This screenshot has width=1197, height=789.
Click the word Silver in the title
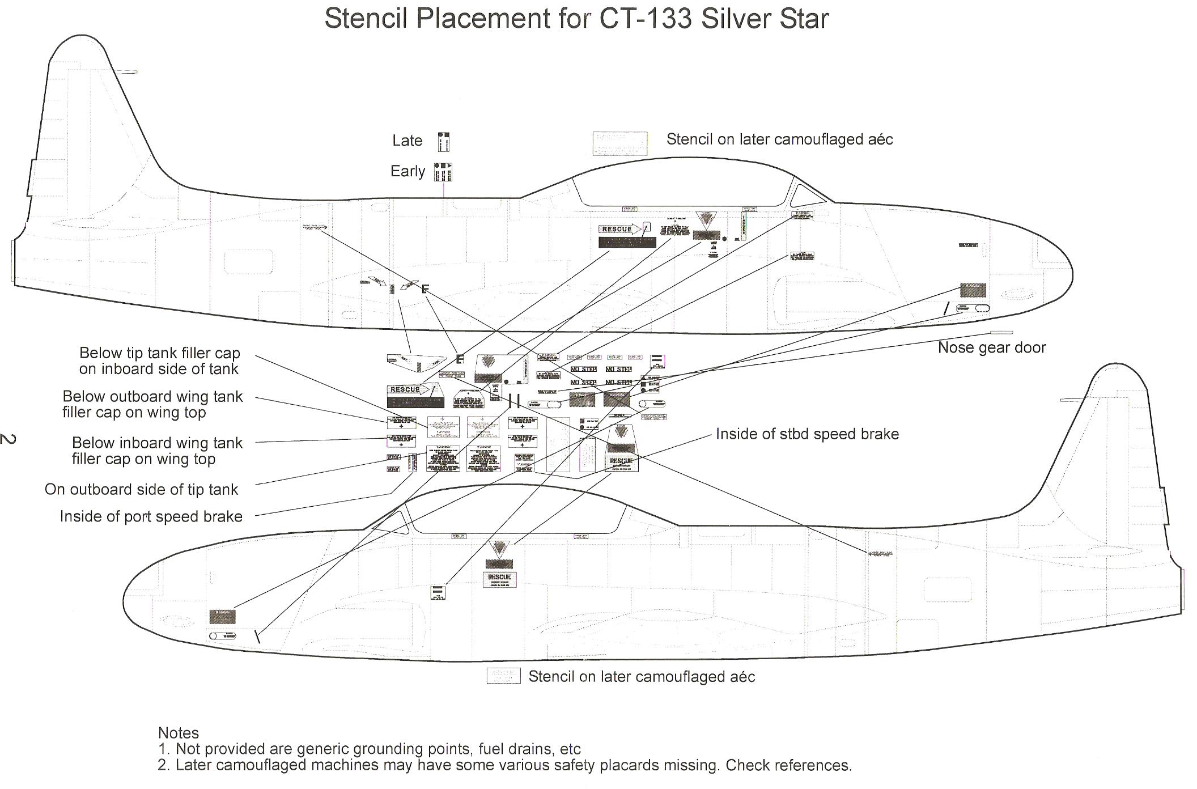pyautogui.click(x=731, y=18)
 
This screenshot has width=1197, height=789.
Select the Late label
pyautogui.click(x=407, y=141)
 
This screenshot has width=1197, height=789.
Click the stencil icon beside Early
pyautogui.click(x=443, y=172)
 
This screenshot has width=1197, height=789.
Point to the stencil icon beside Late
pyautogui.click(x=443, y=142)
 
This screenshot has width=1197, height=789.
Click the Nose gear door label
pyautogui.click(x=991, y=347)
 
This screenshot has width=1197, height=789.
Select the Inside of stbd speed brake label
pyautogui.click(x=807, y=434)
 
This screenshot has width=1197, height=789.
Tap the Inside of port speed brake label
pyautogui.click(x=151, y=516)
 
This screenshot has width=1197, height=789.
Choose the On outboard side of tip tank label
pyautogui.click(x=141, y=489)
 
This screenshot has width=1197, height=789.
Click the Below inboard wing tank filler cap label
pyautogui.click(x=156, y=451)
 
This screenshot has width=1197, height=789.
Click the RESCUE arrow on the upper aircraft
pyautogui.click(x=620, y=229)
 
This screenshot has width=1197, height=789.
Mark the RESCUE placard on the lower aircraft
pyautogui.click(x=499, y=579)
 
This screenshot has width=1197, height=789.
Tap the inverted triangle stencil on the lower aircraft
pyautogui.click(x=499, y=549)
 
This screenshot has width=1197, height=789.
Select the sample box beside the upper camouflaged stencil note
pyautogui.click(x=619, y=144)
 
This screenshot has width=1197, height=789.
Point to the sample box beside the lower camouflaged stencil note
pyautogui.click(x=503, y=676)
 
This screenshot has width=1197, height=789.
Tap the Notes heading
pyautogui.click(x=178, y=733)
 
